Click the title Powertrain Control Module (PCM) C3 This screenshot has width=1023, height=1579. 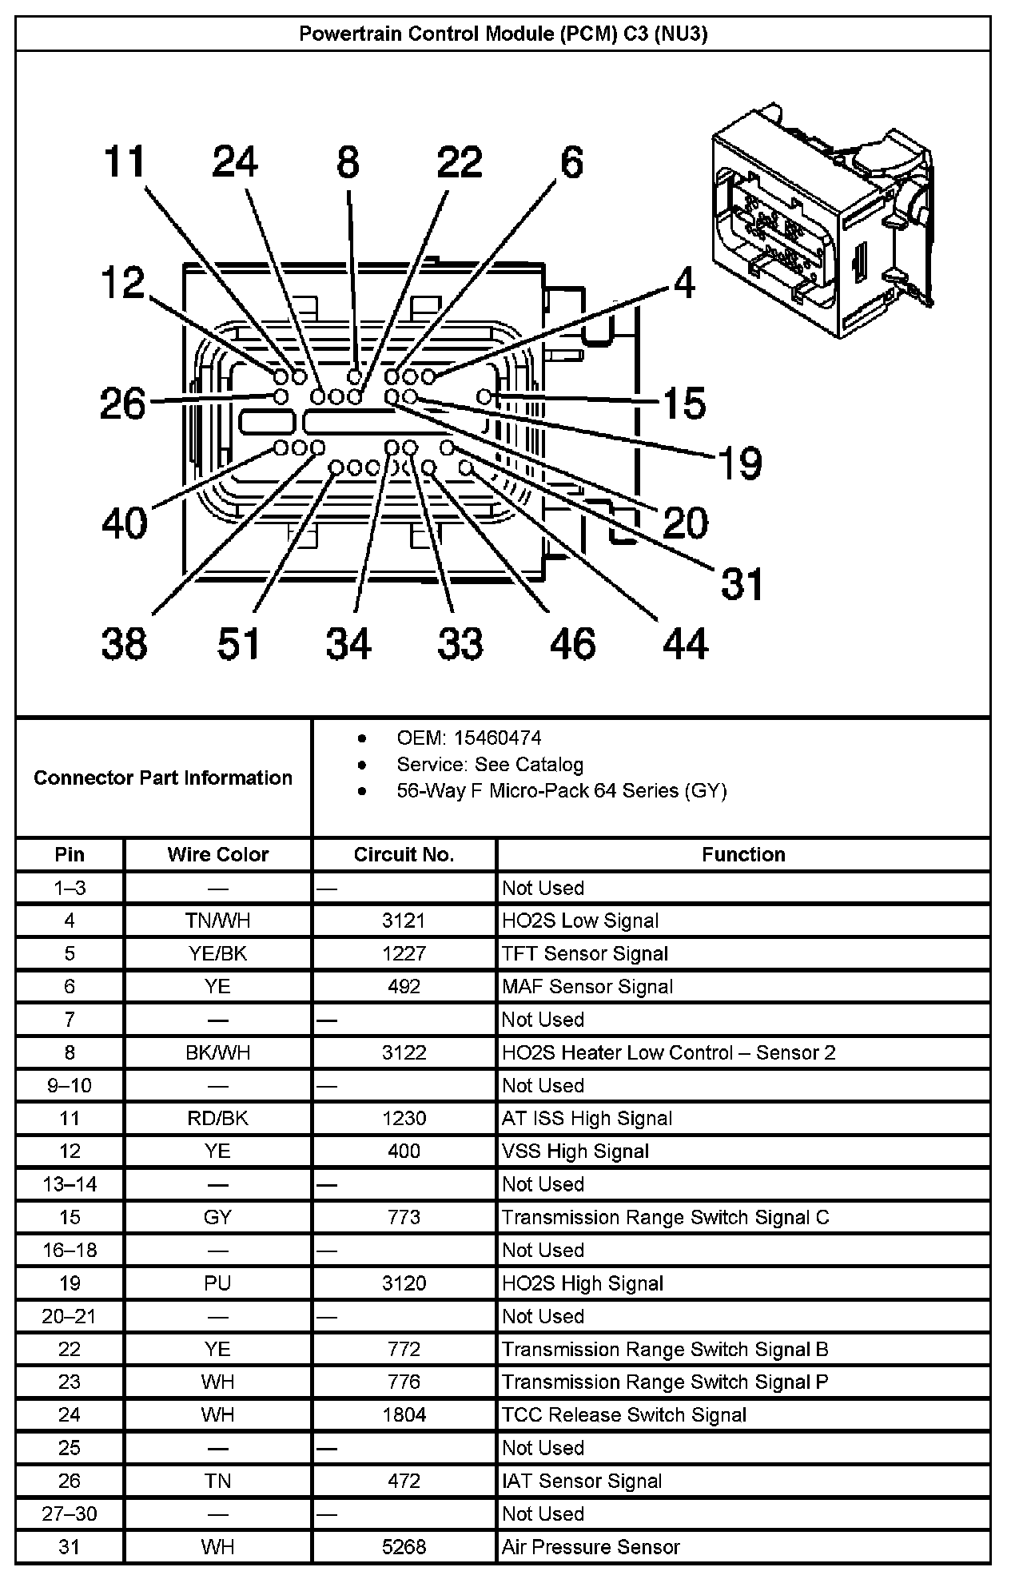pos(503,34)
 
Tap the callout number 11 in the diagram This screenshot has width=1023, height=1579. pos(125,161)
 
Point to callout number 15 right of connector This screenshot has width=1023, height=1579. pos(685,402)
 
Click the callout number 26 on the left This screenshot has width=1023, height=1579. pos(123,404)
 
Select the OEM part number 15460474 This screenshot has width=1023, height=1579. pos(468,738)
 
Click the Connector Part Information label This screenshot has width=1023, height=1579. pos(163,778)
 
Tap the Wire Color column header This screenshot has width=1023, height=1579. pos(217,854)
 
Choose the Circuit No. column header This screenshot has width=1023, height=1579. pos(404,854)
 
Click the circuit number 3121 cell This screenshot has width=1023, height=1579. pos(404,921)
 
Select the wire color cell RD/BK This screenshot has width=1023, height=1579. pos(217,1118)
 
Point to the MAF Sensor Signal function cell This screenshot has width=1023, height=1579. pos(587,987)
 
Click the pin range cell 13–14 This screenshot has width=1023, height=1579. pos(70,1184)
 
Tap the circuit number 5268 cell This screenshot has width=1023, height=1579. pos(404,1546)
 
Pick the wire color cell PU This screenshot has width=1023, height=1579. pos(217,1283)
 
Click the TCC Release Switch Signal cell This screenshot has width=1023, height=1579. pos(624,1415)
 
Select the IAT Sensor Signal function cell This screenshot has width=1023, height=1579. pos(582,1481)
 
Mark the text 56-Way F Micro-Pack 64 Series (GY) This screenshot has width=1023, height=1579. pos(561,791)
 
